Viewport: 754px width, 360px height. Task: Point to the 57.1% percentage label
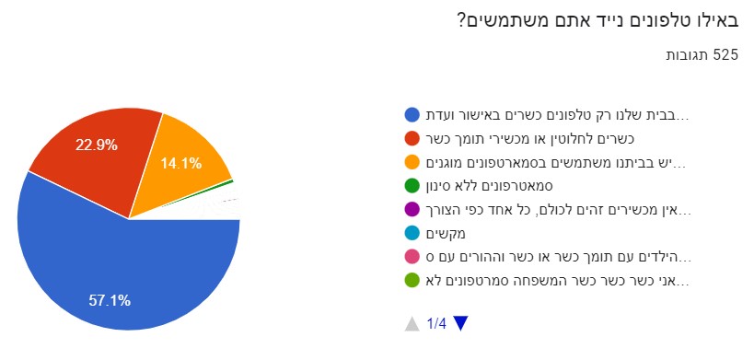[x=110, y=301]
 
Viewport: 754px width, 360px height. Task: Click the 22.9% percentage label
[x=97, y=145]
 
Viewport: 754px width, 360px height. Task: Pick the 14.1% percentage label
[x=180, y=163]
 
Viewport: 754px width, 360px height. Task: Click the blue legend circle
[x=412, y=115]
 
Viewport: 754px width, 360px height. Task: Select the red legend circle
[x=412, y=139]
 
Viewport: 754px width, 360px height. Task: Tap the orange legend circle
[x=412, y=163]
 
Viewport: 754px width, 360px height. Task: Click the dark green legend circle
[x=412, y=187]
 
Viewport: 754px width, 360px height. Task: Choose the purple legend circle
[x=412, y=211]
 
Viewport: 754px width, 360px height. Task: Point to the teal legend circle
[x=412, y=234]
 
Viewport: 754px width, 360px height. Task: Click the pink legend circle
[x=412, y=258]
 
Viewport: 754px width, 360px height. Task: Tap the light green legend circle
[x=412, y=282]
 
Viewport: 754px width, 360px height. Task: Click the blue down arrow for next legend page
[x=460, y=324]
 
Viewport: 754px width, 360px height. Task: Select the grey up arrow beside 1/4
[x=412, y=324]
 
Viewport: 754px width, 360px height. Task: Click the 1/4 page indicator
[x=436, y=324]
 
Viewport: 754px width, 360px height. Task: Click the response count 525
[x=725, y=55]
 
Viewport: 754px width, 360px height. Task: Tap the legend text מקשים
[x=446, y=235]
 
